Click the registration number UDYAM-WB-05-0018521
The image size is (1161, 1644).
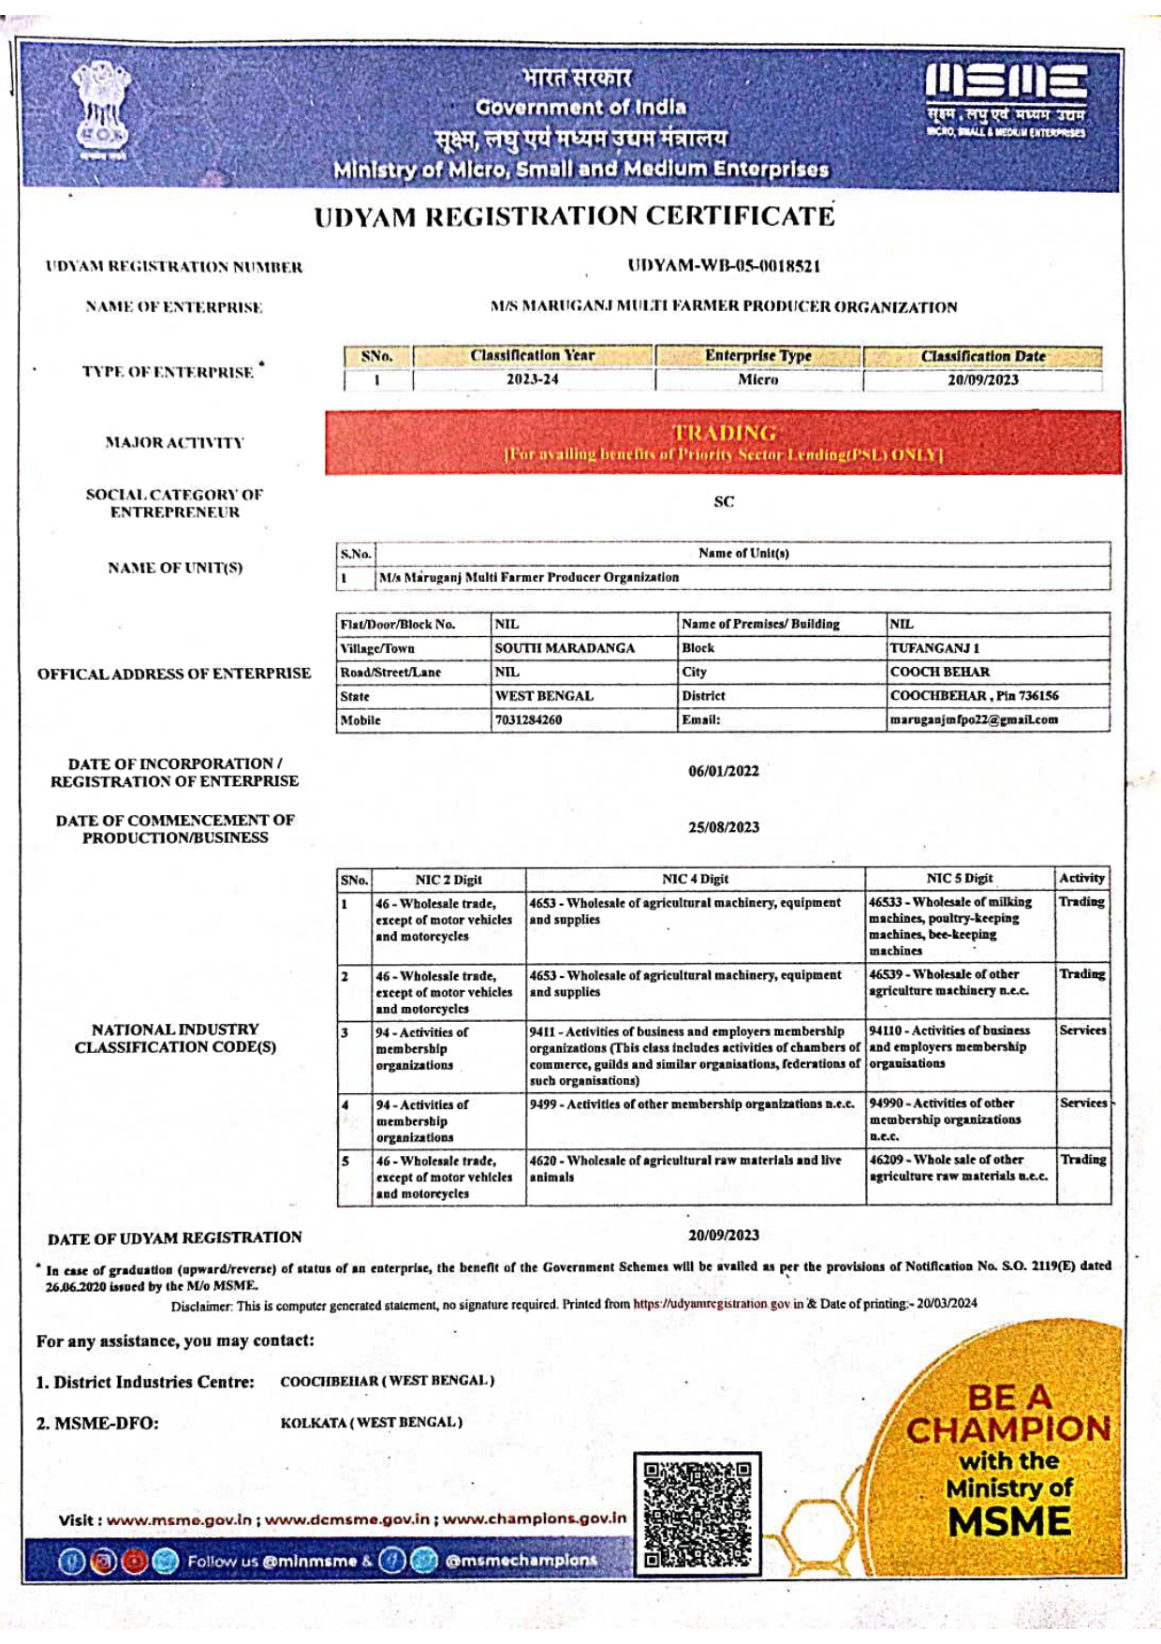click(724, 266)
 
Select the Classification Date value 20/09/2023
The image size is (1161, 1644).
click(982, 380)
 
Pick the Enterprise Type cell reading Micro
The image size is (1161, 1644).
click(757, 380)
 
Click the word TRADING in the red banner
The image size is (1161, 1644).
click(724, 433)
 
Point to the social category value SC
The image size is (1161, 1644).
click(724, 502)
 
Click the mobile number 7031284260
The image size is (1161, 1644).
click(529, 720)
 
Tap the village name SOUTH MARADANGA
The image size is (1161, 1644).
click(565, 648)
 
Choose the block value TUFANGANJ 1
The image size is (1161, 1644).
click(934, 648)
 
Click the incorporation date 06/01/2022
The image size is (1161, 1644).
click(724, 772)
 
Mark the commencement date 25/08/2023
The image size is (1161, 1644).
click(724, 828)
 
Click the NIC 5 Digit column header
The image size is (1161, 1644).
click(959, 879)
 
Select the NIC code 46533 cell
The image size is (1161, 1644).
click(959, 926)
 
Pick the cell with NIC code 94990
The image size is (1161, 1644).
click(959, 1119)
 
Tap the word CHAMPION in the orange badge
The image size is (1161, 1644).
click(1008, 1429)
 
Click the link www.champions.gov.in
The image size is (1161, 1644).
click(534, 1518)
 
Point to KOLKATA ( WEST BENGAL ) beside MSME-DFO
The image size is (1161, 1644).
click(372, 1423)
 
